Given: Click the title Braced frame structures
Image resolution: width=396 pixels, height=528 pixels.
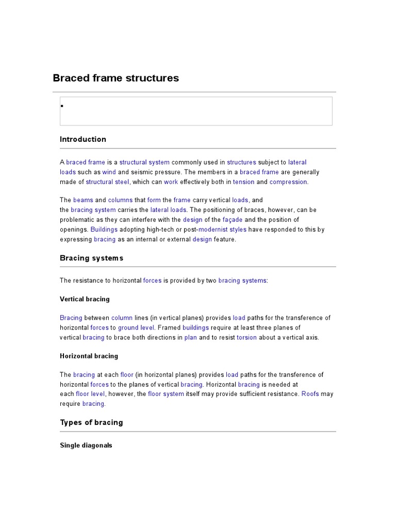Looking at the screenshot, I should (116, 78).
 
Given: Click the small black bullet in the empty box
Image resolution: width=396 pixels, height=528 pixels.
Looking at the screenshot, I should (62, 106).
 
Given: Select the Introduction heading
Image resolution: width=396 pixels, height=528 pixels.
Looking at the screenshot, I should (83, 139).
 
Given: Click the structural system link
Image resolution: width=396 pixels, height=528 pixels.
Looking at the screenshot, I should (144, 162).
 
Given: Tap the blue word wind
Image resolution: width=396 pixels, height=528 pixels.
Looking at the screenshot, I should (109, 172).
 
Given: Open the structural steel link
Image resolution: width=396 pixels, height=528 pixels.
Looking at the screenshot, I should (108, 182).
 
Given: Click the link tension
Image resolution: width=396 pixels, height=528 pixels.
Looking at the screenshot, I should (243, 182).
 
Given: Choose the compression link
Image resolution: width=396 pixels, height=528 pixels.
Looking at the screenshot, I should (288, 182).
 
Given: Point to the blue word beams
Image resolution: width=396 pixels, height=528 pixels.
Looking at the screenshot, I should (83, 200).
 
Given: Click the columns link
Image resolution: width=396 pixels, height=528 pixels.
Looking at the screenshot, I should (120, 200).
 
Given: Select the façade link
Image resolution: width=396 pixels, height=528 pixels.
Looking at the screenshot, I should (233, 220).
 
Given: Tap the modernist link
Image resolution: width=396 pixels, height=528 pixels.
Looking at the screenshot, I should (213, 229).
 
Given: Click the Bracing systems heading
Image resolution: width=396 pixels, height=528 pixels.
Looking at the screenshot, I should (92, 258).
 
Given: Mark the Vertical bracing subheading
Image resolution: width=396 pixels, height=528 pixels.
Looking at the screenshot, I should (85, 299).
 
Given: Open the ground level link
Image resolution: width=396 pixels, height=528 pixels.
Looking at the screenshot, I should (136, 328).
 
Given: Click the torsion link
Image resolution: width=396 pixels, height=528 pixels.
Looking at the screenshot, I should (246, 338).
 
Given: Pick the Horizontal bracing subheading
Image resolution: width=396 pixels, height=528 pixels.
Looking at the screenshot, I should (89, 356).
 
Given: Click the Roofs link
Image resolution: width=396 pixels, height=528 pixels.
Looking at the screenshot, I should (310, 394).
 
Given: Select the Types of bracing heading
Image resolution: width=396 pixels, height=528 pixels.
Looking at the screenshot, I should (91, 422).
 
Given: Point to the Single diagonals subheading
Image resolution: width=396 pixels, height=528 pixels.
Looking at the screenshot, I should (86, 445).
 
